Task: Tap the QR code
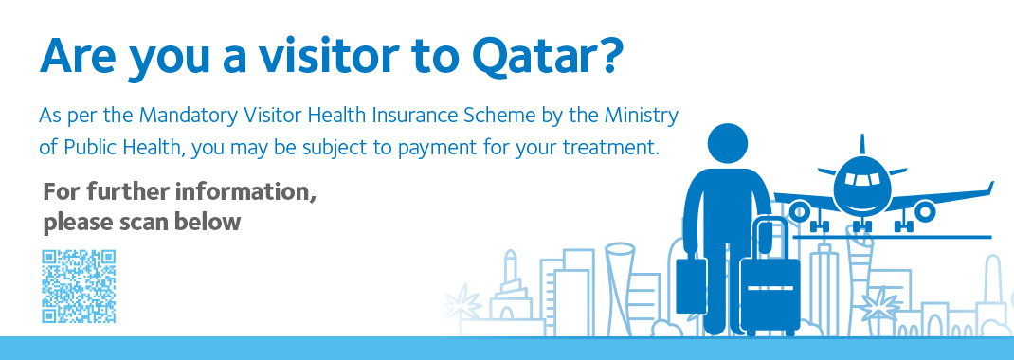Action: coord(79,286)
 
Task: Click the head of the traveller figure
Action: coord(728,143)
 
